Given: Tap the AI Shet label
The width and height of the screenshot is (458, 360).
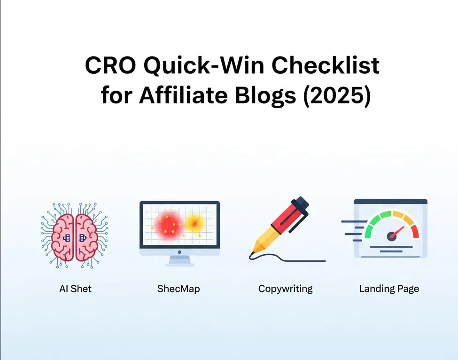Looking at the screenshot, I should [75, 289].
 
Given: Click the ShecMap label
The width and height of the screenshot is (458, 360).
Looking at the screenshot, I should [179, 289].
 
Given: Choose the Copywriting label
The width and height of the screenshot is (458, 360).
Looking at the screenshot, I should [285, 289].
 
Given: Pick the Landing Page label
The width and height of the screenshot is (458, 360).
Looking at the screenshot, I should [389, 289].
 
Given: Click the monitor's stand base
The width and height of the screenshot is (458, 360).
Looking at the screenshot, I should [179, 263].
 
